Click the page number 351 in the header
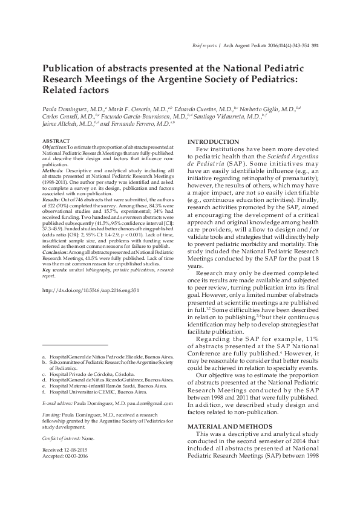pyautogui.click(x=315, y=45)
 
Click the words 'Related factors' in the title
pyautogui.click(x=76, y=89)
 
